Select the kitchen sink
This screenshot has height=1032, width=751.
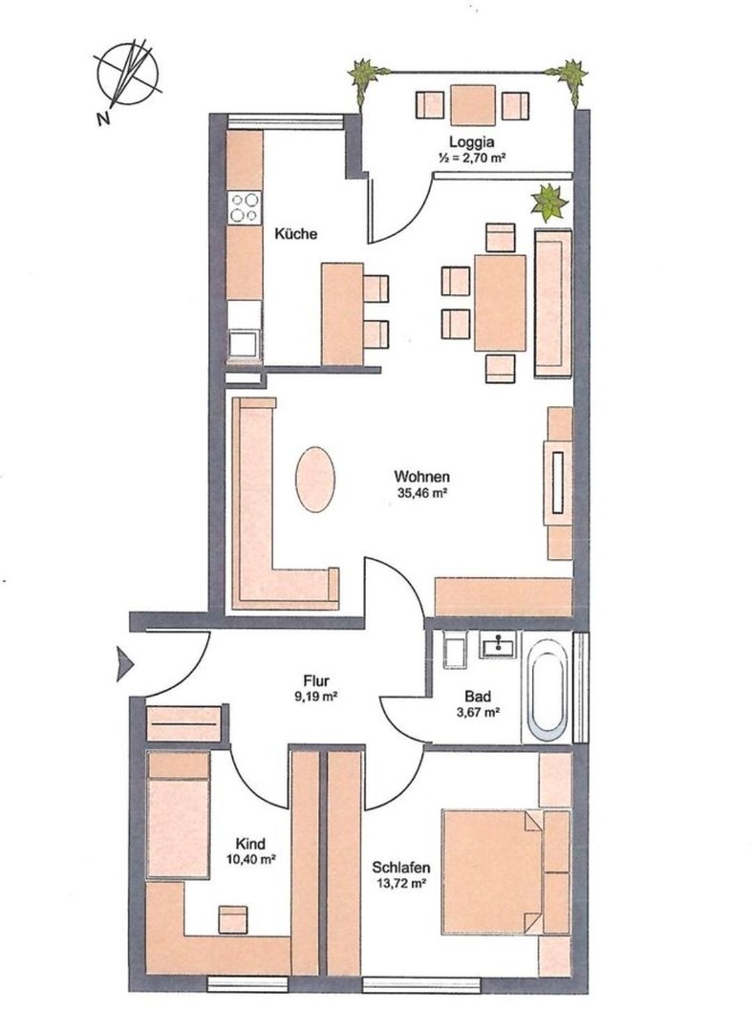click(x=245, y=345)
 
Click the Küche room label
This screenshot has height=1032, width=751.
click(x=295, y=234)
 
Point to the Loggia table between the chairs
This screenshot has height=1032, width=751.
click(x=473, y=105)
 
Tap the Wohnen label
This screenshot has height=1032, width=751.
click(x=422, y=476)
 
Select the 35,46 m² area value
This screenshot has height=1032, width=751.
click(x=422, y=492)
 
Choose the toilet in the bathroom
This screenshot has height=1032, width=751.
click(x=455, y=651)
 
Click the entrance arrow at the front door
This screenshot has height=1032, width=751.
click(x=124, y=663)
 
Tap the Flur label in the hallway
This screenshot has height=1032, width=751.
click(x=316, y=681)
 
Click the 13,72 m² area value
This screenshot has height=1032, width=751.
click(x=401, y=884)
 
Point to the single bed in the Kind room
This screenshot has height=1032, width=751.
click(x=179, y=815)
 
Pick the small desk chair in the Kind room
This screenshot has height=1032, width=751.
click(x=233, y=919)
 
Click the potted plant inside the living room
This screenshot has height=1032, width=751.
click(x=549, y=203)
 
